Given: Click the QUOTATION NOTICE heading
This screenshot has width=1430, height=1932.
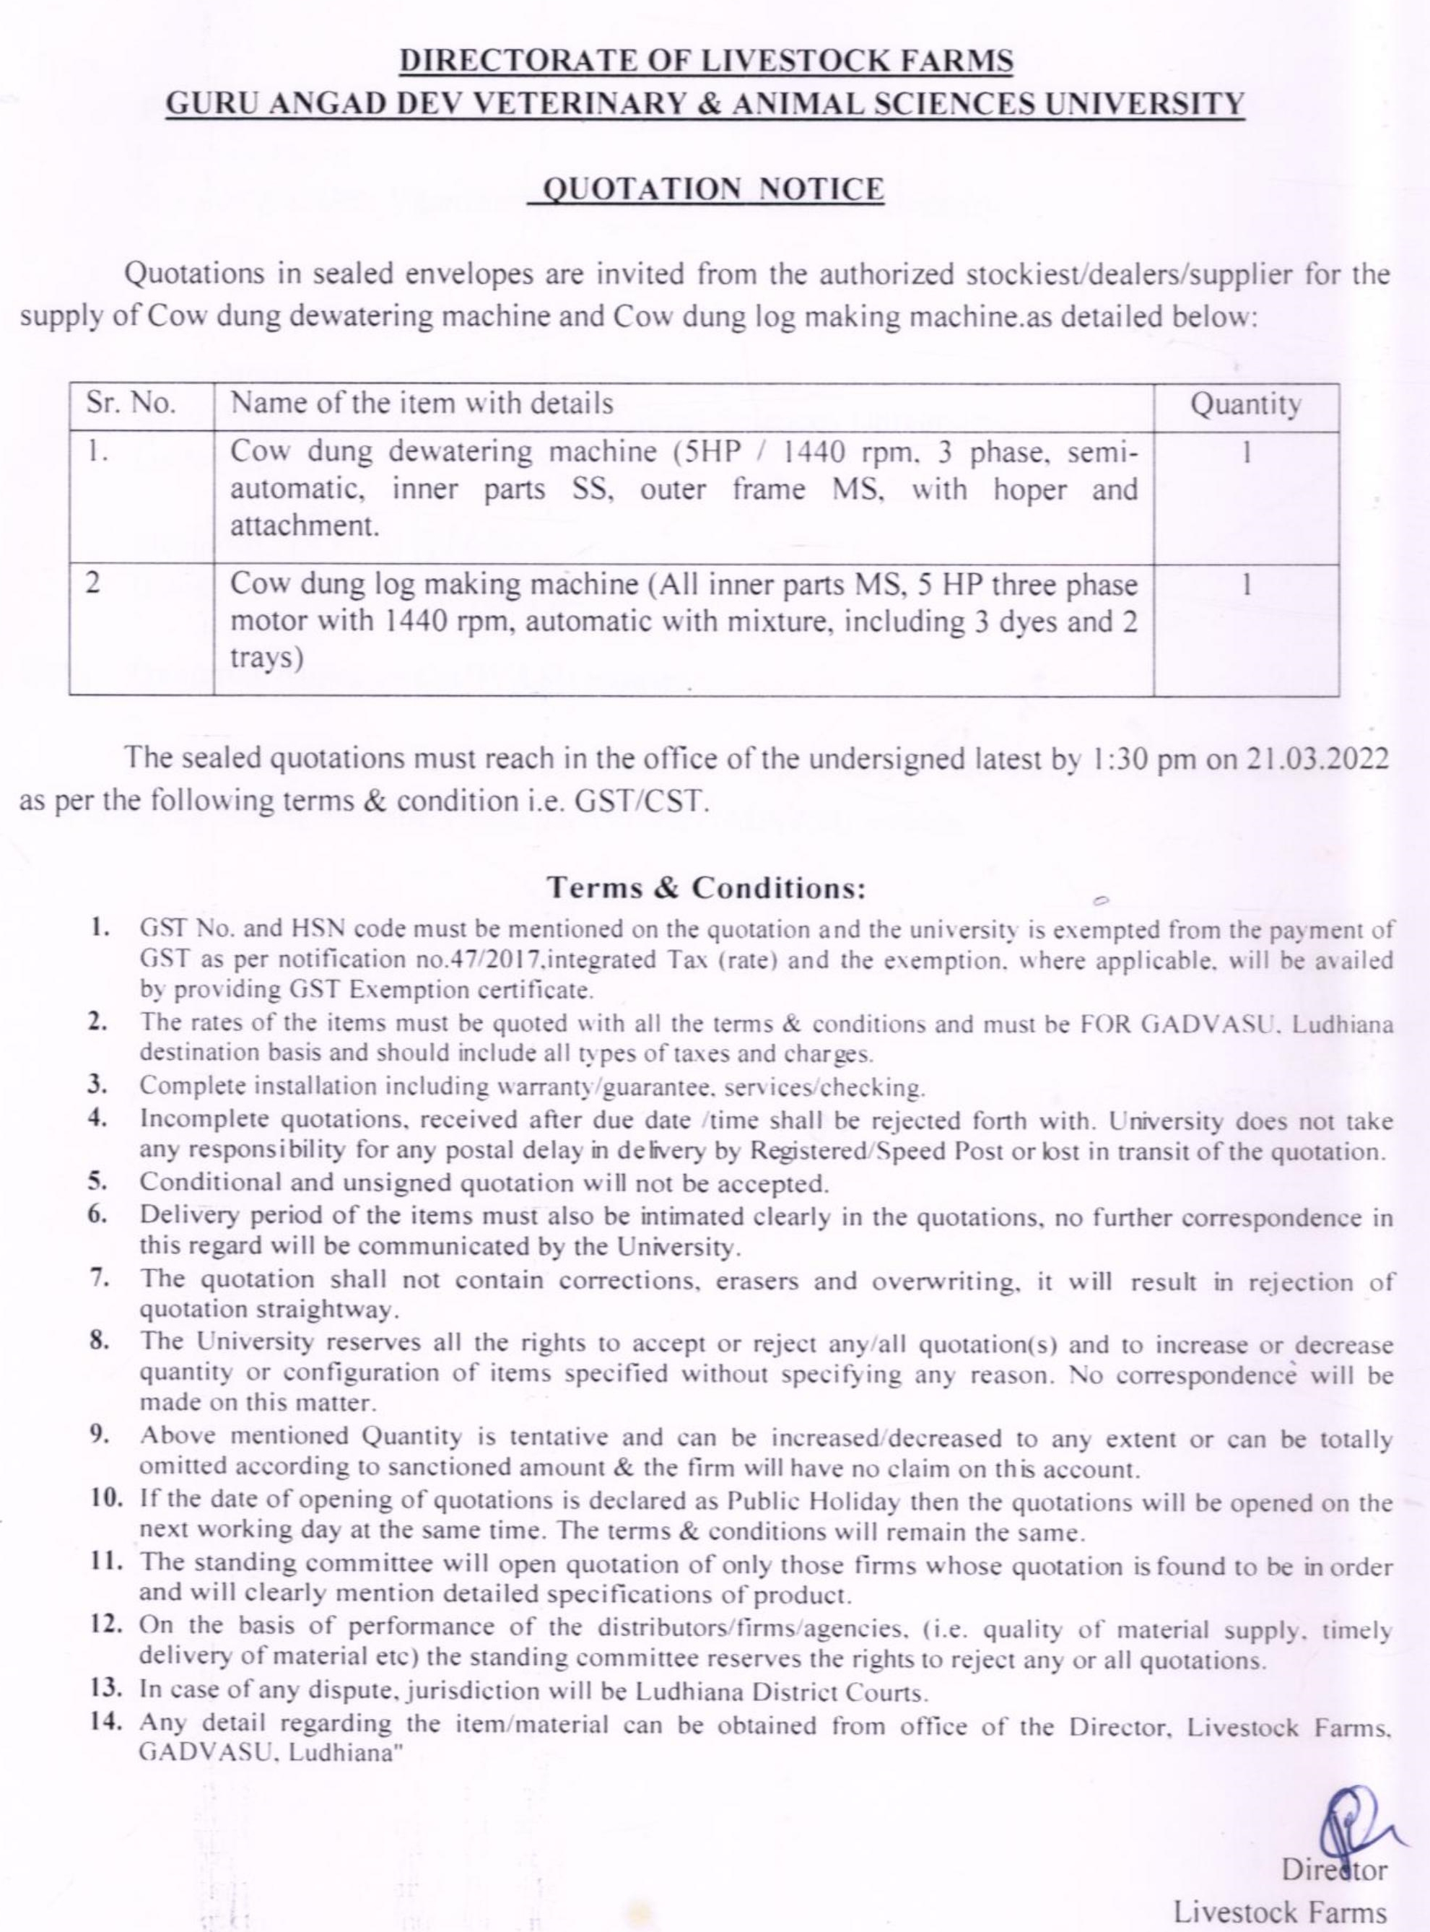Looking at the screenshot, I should click(x=707, y=188).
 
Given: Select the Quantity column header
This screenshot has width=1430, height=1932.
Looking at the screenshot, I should click(x=1246, y=405).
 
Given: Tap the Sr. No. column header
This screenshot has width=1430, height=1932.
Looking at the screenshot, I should click(x=131, y=404).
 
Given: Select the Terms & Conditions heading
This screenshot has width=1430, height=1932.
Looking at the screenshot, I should click(x=707, y=888).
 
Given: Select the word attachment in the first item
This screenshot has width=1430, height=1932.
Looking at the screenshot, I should click(x=305, y=526).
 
